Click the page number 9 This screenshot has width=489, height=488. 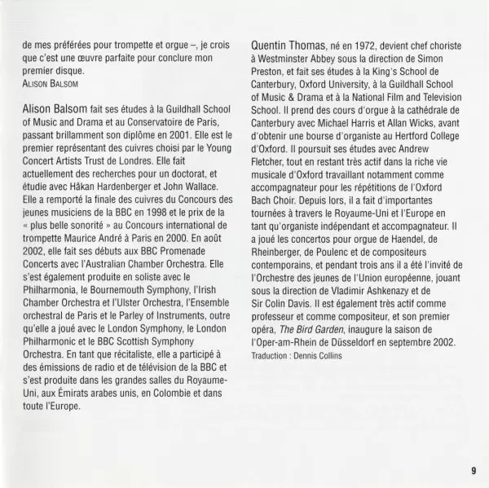point(473,470)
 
